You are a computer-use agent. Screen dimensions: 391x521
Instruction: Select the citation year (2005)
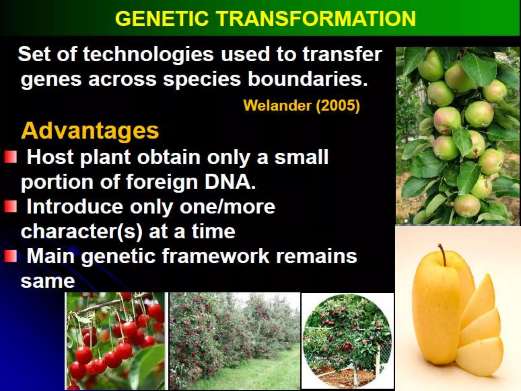pyautogui.click(x=338, y=105)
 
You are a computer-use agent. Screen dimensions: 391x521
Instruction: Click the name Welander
pyautogui.click(x=277, y=105)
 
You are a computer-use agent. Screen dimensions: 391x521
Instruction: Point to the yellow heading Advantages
pyautogui.click(x=90, y=131)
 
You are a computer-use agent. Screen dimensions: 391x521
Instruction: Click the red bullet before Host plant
pyautogui.click(x=10, y=157)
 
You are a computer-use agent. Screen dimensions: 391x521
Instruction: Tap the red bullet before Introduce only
pyautogui.click(x=10, y=206)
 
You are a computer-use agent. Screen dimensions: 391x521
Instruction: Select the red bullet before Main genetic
pyautogui.click(x=10, y=256)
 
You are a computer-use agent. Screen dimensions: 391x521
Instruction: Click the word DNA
pyautogui.click(x=230, y=182)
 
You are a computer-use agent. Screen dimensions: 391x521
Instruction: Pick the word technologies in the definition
pyautogui.click(x=148, y=54)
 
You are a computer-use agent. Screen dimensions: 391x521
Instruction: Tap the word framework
pyautogui.click(x=216, y=256)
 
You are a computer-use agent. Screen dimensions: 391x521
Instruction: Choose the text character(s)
pyautogui.click(x=81, y=232)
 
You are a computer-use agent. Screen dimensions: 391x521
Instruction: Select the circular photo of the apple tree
pyautogui.click(x=348, y=341)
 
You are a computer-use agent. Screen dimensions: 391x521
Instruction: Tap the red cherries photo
pyautogui.click(x=116, y=341)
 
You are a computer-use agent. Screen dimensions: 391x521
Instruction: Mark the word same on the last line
pyautogui.click(x=48, y=281)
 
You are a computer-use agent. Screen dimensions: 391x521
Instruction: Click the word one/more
pyautogui.click(x=227, y=206)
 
